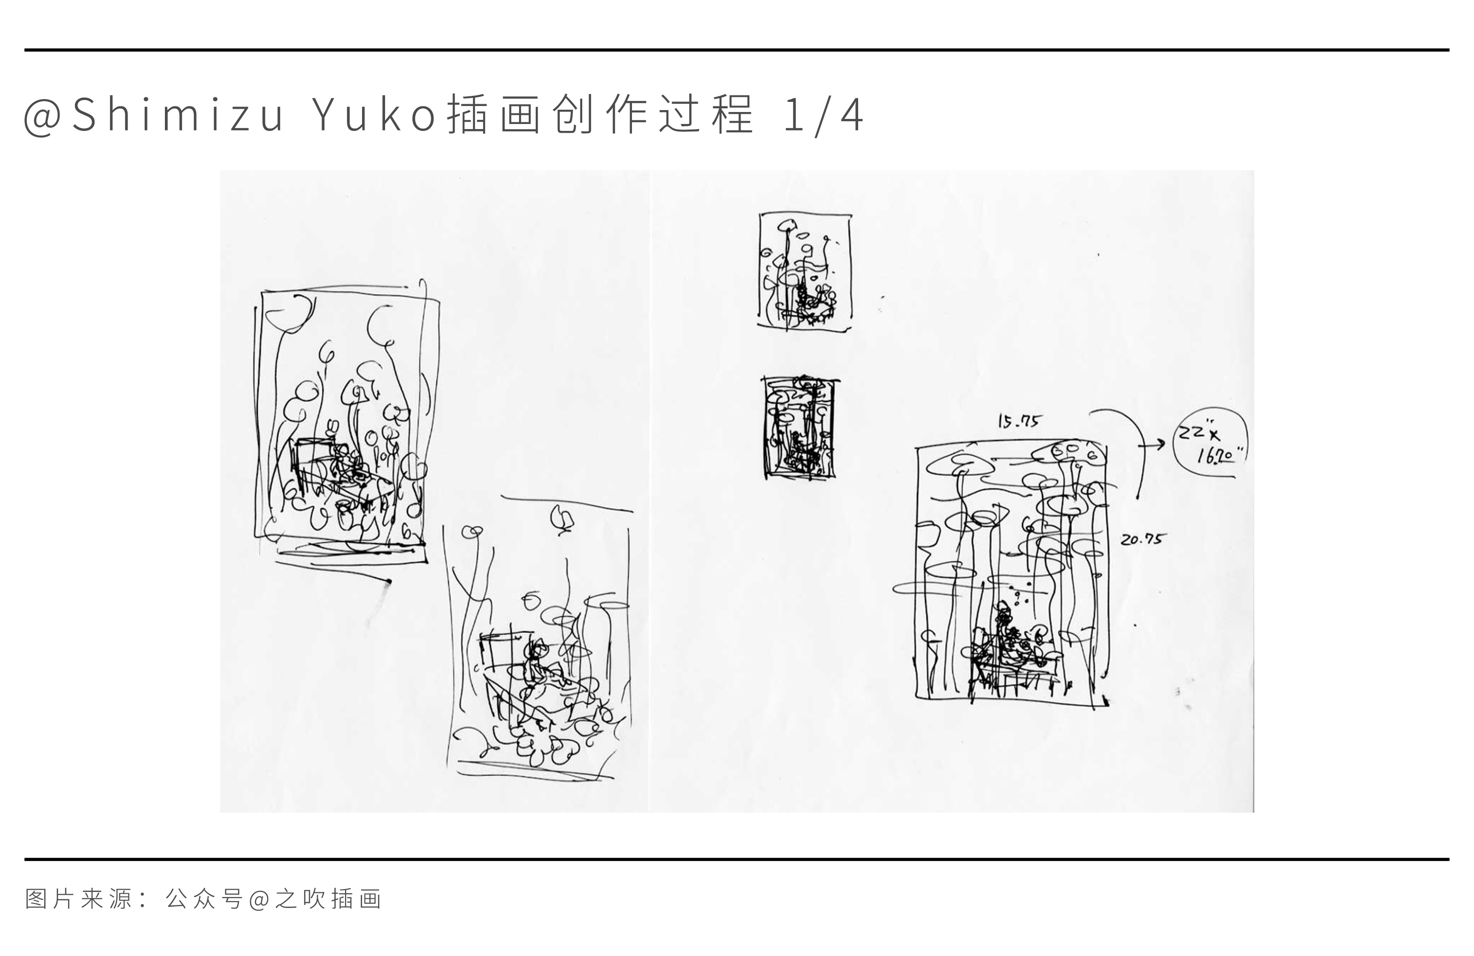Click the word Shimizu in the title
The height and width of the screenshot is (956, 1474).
coord(178,115)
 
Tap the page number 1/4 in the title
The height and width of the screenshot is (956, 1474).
coord(823,116)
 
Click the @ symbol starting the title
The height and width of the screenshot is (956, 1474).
coord(42,118)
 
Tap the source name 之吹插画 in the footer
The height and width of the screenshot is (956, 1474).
coord(328,899)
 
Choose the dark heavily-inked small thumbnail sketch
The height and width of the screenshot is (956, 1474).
coord(800,427)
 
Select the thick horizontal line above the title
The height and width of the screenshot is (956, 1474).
coord(737,50)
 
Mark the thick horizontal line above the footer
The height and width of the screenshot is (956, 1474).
coord(737,859)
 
